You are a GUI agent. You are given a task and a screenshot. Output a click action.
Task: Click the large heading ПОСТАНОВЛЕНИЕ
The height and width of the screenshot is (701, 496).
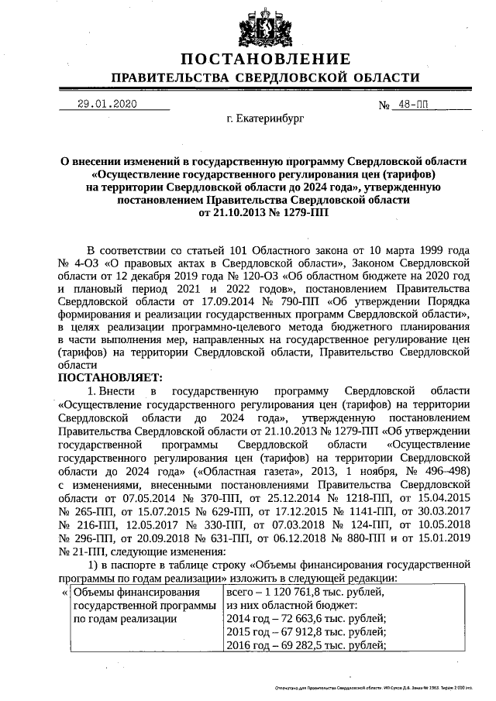(266, 60)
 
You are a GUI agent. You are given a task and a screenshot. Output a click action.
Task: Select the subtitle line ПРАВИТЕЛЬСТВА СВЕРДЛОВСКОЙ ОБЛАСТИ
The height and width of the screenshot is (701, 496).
(266, 78)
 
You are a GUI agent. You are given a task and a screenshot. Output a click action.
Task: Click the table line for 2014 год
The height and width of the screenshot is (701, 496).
(305, 618)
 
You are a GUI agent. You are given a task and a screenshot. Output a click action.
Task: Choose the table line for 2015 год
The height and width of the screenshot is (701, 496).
(305, 632)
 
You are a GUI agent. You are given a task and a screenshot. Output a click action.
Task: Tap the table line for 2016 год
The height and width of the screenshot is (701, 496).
(305, 646)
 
